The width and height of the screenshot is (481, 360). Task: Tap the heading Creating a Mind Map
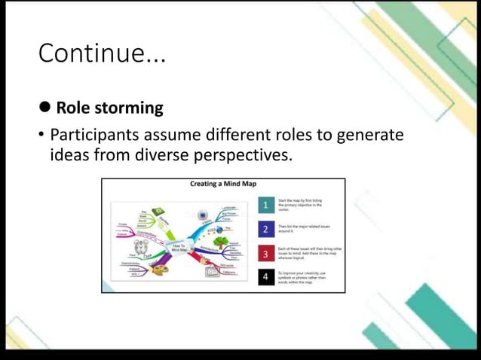[x=222, y=183]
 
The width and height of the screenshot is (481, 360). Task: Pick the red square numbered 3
[x=265, y=253]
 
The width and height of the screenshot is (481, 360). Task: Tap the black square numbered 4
[x=265, y=277]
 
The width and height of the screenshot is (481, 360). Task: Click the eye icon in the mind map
[x=202, y=216]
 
